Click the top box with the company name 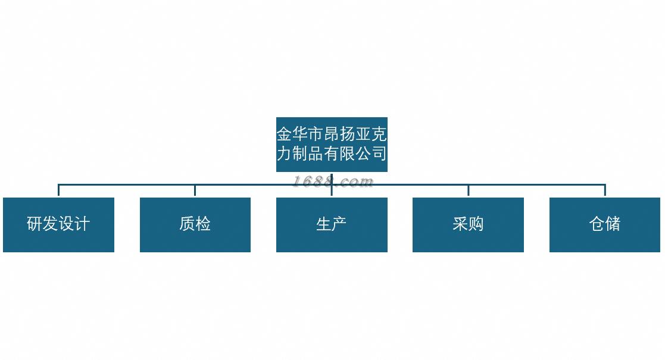point(332,145)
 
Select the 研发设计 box point(58,225)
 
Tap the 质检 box point(195,225)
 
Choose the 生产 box point(332,225)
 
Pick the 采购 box point(468,225)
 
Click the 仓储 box point(605,225)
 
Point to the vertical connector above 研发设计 point(58,190)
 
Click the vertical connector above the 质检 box point(195,190)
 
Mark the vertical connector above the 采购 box point(468,190)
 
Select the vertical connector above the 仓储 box point(605,190)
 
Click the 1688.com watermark point(333,181)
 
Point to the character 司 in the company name point(379,154)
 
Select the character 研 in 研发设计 point(35,224)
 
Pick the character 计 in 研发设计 point(82,224)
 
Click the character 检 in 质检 point(203,224)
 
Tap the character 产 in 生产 point(339,224)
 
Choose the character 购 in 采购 point(476,224)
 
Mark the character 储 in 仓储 point(613,224)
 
